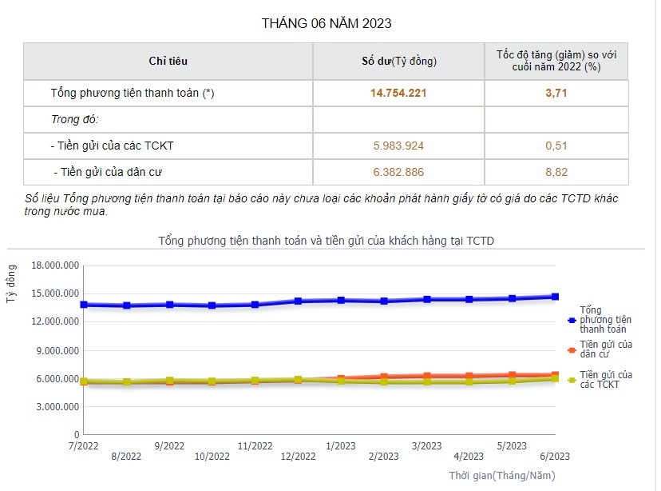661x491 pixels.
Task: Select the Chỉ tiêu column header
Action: click(x=168, y=61)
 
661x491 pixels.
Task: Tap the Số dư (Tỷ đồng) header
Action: click(x=398, y=61)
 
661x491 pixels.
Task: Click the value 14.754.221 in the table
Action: click(x=398, y=93)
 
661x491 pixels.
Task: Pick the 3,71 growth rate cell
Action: click(x=556, y=93)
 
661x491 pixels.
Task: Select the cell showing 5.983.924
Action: click(x=398, y=146)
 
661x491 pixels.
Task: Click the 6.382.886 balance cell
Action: click(x=398, y=172)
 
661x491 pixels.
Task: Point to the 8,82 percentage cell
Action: click(x=556, y=172)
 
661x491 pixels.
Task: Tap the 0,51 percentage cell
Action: click(x=556, y=146)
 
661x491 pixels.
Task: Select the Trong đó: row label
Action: click(x=73, y=119)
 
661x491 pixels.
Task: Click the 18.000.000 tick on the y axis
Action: click(x=54, y=265)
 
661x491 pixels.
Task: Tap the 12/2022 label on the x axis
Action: click(x=298, y=457)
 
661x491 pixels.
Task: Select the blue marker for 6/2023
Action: click(x=555, y=297)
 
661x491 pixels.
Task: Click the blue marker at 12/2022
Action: click(x=298, y=301)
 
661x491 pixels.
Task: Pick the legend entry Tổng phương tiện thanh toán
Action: click(x=602, y=319)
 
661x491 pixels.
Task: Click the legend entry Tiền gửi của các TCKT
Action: click(x=605, y=379)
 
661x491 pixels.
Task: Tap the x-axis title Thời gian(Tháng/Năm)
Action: click(x=501, y=476)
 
